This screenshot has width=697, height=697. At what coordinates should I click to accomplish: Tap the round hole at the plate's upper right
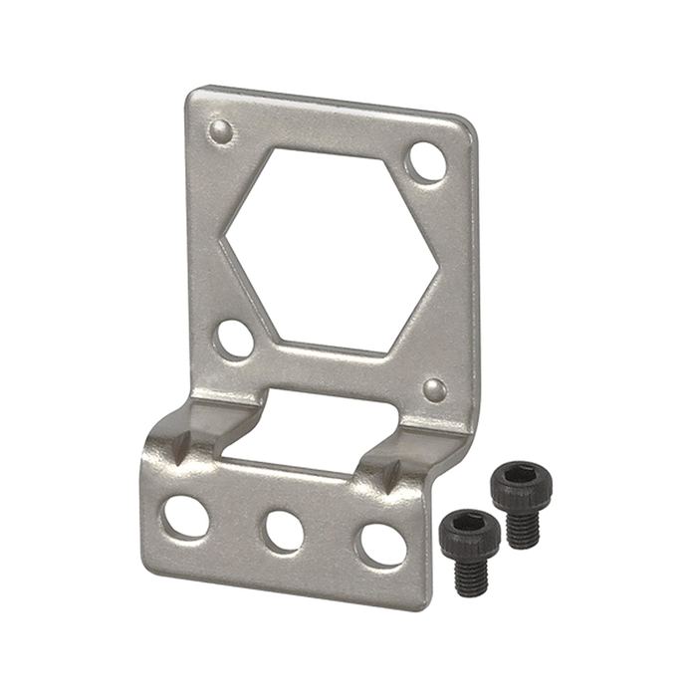(427, 162)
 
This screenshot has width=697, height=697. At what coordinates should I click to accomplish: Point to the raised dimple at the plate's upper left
(220, 130)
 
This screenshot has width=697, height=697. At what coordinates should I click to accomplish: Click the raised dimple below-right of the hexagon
(434, 388)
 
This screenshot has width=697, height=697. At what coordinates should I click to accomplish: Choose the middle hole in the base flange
(284, 531)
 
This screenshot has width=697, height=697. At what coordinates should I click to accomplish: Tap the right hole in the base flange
(382, 545)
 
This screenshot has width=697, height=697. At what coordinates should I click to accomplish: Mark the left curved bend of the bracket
(189, 438)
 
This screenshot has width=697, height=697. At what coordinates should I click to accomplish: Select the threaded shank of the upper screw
(522, 528)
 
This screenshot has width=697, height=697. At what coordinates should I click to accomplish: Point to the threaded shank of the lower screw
(471, 576)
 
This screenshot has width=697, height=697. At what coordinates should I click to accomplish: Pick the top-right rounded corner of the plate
(464, 124)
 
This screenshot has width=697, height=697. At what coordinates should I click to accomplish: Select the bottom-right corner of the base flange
(426, 603)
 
